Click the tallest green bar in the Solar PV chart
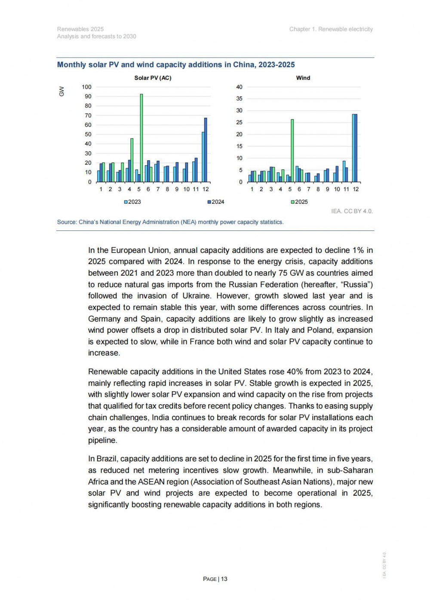(x=141, y=138)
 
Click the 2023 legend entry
(x=133, y=202)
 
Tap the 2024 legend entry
(x=216, y=202)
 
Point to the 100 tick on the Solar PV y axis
(x=87, y=87)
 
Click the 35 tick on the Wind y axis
(x=239, y=98)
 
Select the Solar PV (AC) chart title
(x=153, y=78)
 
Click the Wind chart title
(x=303, y=78)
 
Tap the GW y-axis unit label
(x=61, y=92)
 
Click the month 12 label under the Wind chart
(x=356, y=189)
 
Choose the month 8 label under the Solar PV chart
(x=167, y=189)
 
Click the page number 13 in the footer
(x=224, y=579)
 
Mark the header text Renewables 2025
(x=80, y=29)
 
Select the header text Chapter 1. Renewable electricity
(x=331, y=29)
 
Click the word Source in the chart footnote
(x=66, y=222)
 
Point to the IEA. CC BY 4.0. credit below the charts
(x=352, y=211)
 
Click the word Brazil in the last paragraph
(x=107, y=459)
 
